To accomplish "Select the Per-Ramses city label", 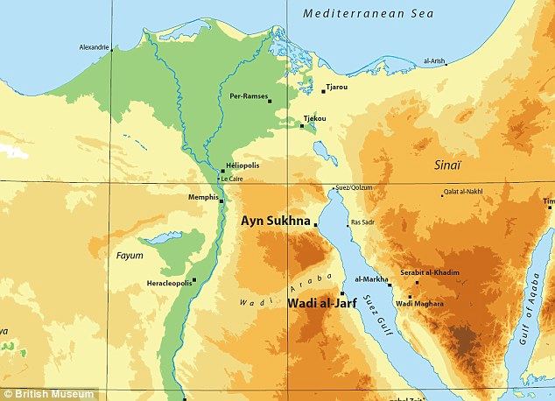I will tap(247, 96).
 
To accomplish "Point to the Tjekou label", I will tap(314, 117).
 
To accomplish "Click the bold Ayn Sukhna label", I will tap(276, 222).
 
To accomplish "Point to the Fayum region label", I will tap(130, 255).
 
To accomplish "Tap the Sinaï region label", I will tap(448, 164).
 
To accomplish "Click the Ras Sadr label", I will tap(362, 223).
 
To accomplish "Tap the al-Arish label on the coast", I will tap(434, 61).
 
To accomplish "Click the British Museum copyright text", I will tap(41, 391).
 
